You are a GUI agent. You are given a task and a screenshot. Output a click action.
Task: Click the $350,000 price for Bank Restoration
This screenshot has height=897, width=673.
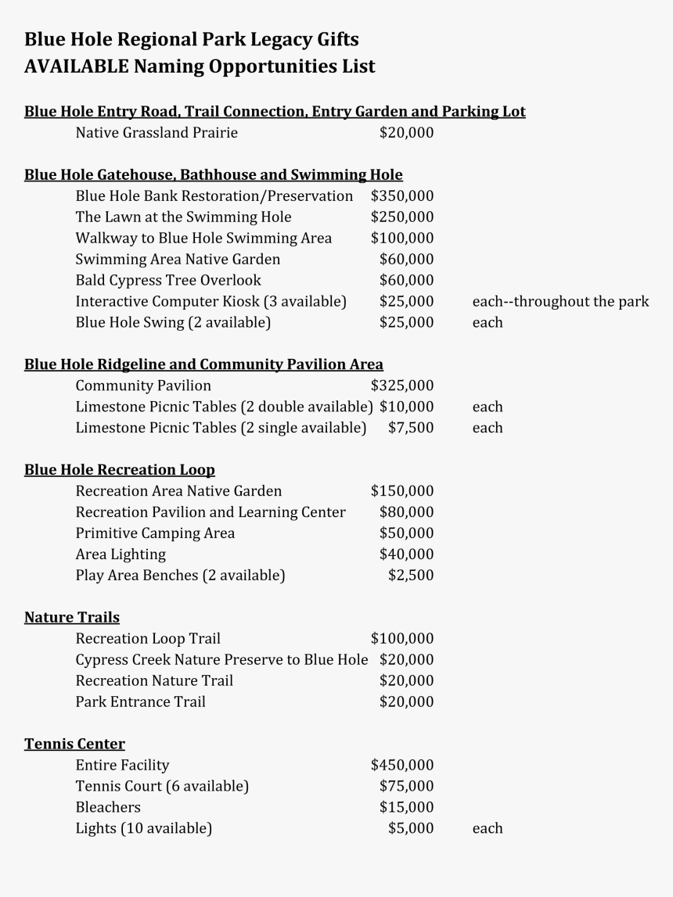pyautogui.click(x=402, y=196)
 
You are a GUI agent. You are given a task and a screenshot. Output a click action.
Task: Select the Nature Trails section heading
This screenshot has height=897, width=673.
pyautogui.click(x=72, y=617)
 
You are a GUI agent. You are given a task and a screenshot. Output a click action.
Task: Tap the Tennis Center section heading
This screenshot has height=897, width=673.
pyautogui.click(x=74, y=744)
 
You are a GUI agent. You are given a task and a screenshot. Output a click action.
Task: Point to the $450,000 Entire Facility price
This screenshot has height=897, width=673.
pyautogui.click(x=402, y=765)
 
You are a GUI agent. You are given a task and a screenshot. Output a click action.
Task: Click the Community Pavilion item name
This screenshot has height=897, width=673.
pyautogui.click(x=143, y=386)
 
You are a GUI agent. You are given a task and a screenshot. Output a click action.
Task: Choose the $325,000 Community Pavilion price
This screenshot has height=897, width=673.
pyautogui.click(x=402, y=386)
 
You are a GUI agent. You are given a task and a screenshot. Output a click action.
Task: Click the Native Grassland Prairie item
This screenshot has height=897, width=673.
pyautogui.click(x=157, y=133)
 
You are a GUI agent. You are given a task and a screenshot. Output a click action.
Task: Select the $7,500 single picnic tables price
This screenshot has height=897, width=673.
pyautogui.click(x=411, y=428)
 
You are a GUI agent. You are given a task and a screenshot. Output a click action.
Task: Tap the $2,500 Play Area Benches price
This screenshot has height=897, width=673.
pyautogui.click(x=411, y=576)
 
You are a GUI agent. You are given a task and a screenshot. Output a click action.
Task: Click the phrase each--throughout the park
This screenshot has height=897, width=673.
pyautogui.click(x=560, y=301)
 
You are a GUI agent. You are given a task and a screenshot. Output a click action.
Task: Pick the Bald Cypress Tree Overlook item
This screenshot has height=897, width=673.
pyautogui.click(x=168, y=280)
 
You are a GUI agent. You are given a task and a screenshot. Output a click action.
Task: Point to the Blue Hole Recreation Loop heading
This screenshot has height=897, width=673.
pyautogui.click(x=120, y=470)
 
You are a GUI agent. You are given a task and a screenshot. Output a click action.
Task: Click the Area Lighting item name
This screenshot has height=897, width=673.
pyautogui.click(x=121, y=554)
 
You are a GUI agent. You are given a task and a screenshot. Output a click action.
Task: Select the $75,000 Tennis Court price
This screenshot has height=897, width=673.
pyautogui.click(x=406, y=786)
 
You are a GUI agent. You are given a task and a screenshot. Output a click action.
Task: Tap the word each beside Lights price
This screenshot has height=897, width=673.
pyautogui.click(x=488, y=828)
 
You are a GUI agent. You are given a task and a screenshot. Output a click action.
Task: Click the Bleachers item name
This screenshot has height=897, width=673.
pyautogui.click(x=108, y=807)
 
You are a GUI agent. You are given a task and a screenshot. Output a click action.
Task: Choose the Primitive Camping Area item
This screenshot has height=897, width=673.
pyautogui.click(x=155, y=533)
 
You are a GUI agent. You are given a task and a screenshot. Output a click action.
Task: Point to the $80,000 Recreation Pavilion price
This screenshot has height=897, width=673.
pyautogui.click(x=406, y=512)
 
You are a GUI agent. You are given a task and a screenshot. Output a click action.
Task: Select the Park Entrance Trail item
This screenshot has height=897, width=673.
pyautogui.click(x=141, y=701)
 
